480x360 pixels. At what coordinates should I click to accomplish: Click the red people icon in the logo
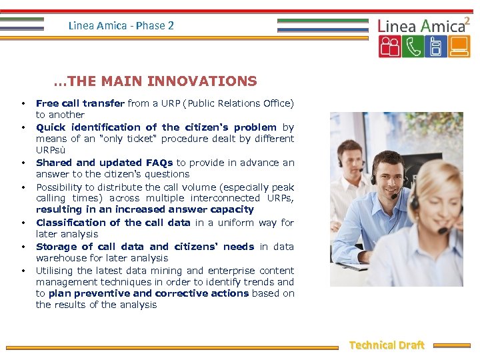pos(389,47)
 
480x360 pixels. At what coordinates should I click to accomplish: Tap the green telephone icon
pos(413,47)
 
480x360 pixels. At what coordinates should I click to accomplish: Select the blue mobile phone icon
pos(436,47)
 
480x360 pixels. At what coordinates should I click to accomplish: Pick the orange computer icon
pos(459,47)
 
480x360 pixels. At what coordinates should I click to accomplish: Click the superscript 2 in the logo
pos(467,21)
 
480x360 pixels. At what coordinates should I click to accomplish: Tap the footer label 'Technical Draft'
pos(387,345)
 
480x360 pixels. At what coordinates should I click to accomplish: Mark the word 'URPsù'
pos(51,150)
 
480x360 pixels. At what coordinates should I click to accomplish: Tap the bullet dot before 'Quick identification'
pos(23,127)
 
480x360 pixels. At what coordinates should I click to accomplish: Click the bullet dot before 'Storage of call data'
pos(23,247)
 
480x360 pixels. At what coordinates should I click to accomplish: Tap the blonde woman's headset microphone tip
pos(442,231)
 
